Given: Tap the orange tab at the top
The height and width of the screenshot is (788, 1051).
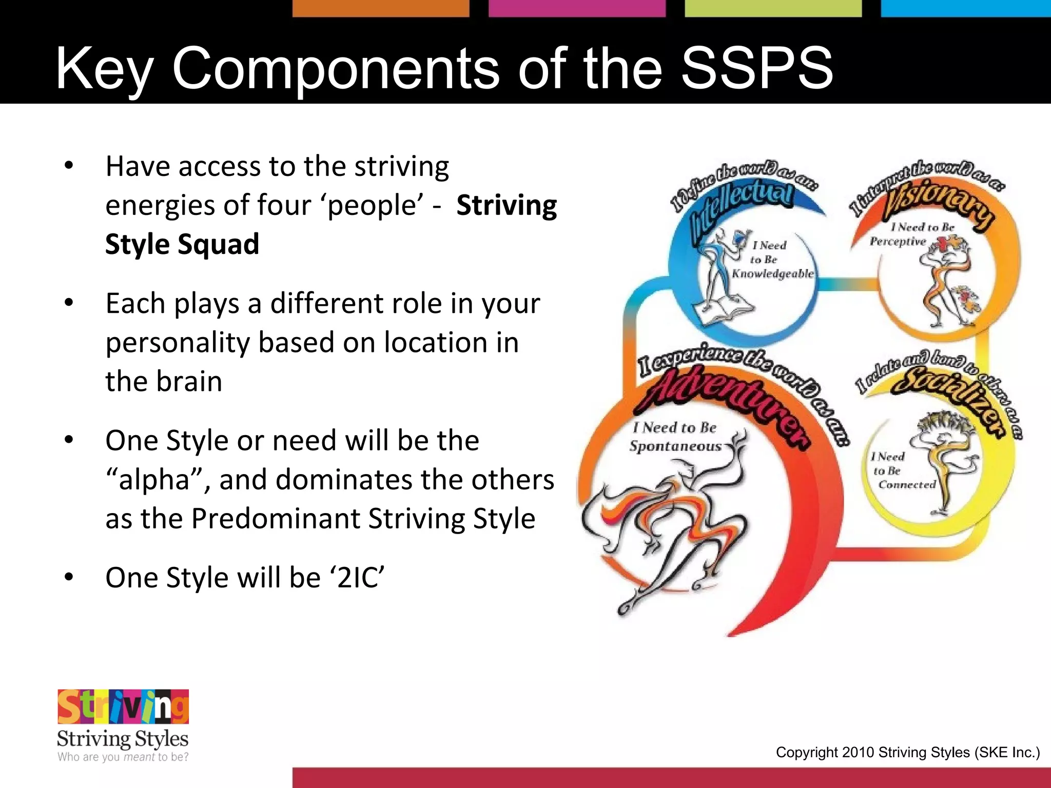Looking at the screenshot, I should [380, 8].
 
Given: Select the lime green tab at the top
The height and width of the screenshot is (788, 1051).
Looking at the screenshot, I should [773, 8].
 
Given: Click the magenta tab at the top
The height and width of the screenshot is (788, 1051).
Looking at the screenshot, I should [576, 8].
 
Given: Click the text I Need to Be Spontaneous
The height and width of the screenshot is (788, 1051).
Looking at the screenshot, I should [675, 437].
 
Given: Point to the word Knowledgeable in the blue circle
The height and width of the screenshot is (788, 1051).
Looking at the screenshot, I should [772, 274].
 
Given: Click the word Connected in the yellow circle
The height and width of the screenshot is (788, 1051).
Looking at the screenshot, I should [907, 485].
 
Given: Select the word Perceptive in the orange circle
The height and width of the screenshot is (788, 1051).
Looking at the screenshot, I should [898, 242].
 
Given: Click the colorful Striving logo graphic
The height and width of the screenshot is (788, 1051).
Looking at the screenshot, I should [123, 706].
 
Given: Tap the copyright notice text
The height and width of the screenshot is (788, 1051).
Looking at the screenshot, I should [907, 753].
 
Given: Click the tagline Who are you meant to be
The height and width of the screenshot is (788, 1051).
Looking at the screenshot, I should [123, 757].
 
